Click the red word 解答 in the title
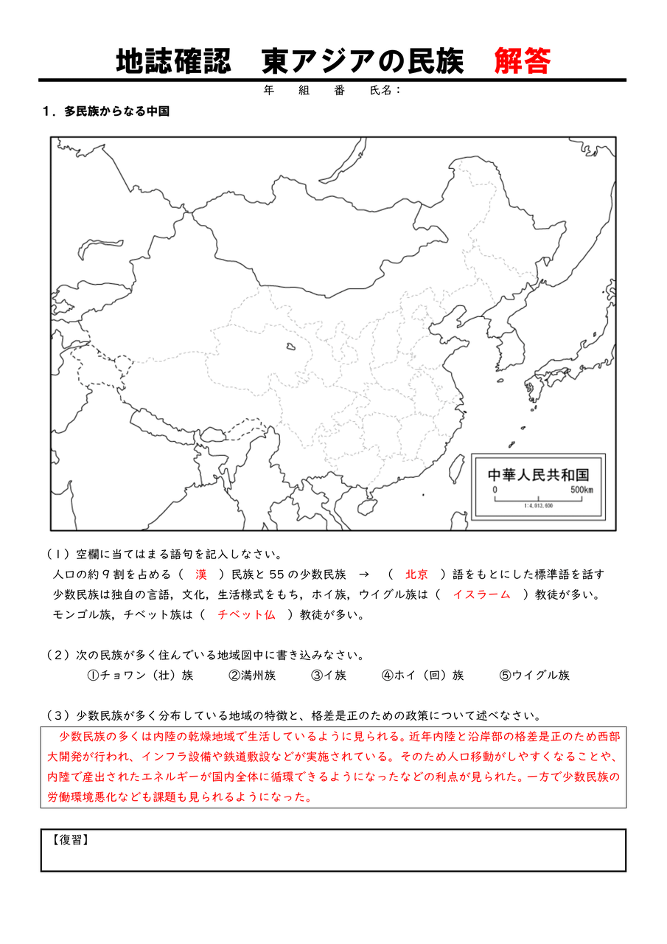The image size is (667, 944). [523, 61]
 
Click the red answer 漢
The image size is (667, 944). [201, 575]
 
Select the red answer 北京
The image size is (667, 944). [416, 575]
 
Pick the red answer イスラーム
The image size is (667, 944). [481, 594]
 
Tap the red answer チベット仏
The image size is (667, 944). [246, 614]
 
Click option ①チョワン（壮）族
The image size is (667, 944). [140, 675]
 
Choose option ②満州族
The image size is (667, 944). [252, 675]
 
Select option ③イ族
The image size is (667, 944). [329, 675]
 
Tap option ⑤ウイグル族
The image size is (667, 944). [534, 675]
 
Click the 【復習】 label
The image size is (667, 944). [71, 840]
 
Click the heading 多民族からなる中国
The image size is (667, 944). [116, 111]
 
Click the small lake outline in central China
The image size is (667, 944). [292, 345]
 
